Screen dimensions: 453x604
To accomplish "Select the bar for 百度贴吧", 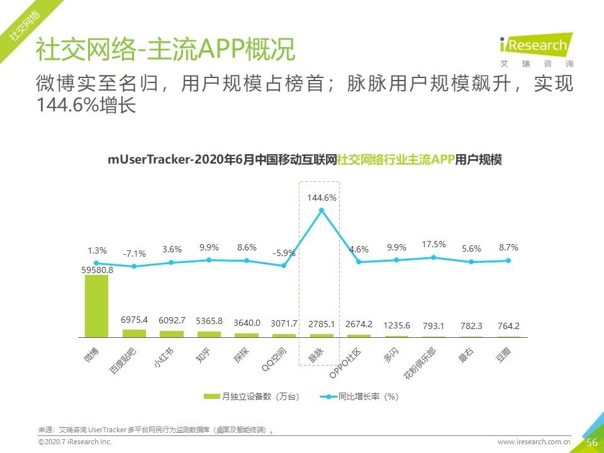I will point(134,333).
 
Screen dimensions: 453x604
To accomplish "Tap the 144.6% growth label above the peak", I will point(322,198).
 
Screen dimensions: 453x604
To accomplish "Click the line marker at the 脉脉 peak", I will point(322,210).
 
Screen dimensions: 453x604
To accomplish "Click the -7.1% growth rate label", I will point(134,254).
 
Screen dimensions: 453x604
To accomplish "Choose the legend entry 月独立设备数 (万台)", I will point(252,397).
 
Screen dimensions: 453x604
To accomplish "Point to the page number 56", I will point(591,442).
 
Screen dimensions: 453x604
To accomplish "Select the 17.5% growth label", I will point(434,244).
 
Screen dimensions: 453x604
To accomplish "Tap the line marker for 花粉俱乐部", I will point(433,257).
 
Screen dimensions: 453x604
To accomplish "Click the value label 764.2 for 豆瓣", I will point(508,325).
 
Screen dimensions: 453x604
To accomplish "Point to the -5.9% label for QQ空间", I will point(284,254).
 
